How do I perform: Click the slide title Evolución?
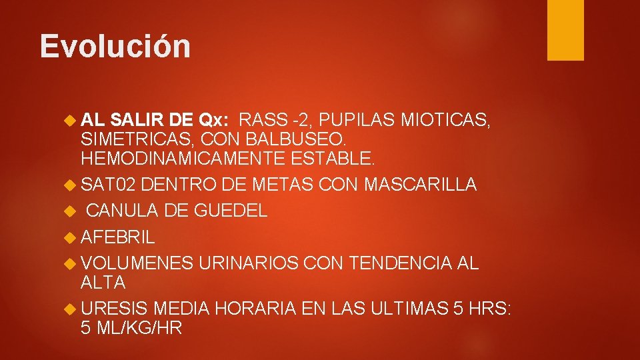pos(115,46)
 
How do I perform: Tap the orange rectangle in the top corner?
pos(565,30)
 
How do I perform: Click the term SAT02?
pos(108,185)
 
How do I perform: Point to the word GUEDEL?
pos(231,211)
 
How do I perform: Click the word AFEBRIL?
pos(117,237)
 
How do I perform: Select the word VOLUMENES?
pos(137,263)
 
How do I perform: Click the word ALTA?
pos(103,282)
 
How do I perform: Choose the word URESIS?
pos(114,308)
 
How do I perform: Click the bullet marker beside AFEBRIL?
pos(72,237)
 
